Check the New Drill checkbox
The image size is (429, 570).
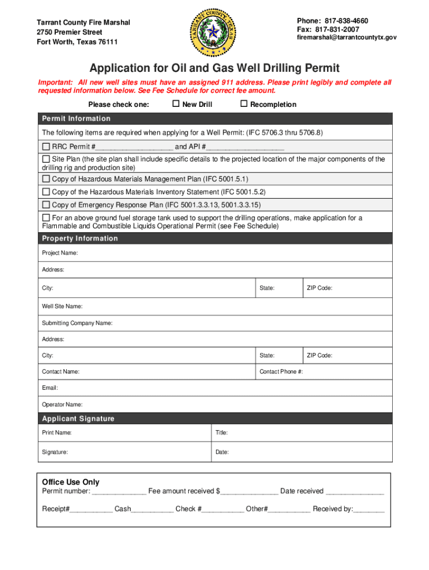coord(175,104)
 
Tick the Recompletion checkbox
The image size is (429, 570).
coord(243,104)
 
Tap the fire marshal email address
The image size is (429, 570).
coord(347,37)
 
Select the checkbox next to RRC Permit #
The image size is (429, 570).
coord(46,147)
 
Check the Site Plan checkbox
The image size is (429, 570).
coord(46,159)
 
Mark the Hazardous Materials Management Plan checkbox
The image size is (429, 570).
coord(46,179)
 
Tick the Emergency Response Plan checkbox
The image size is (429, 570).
coord(46,205)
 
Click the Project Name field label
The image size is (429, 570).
coord(60,253)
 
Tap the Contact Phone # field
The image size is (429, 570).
coord(345,371)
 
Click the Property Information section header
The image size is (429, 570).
coord(80,238)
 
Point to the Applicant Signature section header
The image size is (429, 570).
coord(78,419)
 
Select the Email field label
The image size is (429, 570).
coord(50,387)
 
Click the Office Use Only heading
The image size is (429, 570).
coord(71,482)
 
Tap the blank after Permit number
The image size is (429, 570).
coord(119,492)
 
